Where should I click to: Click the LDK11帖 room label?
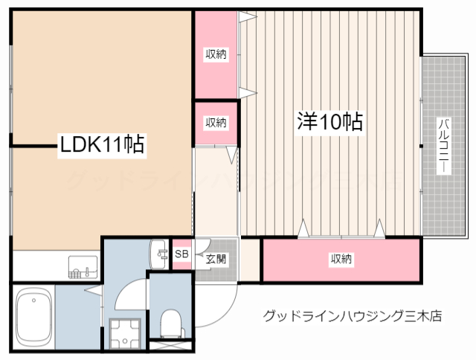click(103, 144)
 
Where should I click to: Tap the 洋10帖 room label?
click(331, 120)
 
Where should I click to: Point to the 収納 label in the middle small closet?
click(216, 122)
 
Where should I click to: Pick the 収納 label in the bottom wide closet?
click(341, 259)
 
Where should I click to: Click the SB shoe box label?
click(181, 254)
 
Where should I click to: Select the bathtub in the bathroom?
click(33, 318)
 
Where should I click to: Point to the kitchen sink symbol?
click(83, 266)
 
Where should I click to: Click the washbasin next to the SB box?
click(159, 254)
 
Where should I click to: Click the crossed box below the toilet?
click(171, 344)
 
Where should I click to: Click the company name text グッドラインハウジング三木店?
click(353, 316)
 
